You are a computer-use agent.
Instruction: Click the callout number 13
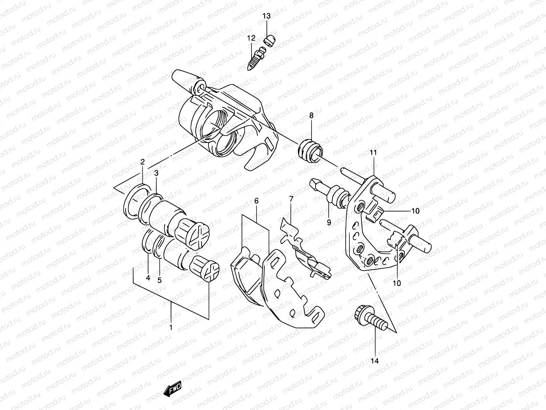(x=266, y=16)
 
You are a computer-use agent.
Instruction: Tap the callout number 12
(x=251, y=38)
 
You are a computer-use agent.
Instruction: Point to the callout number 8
(x=311, y=116)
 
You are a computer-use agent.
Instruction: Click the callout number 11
(x=373, y=153)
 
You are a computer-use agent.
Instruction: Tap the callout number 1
(x=171, y=328)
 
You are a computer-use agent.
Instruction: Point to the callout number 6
(x=256, y=201)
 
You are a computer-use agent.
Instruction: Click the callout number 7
(x=291, y=199)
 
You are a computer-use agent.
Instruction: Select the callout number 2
(x=143, y=162)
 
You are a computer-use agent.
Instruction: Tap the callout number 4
(x=148, y=278)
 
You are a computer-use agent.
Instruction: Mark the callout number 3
(x=156, y=173)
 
